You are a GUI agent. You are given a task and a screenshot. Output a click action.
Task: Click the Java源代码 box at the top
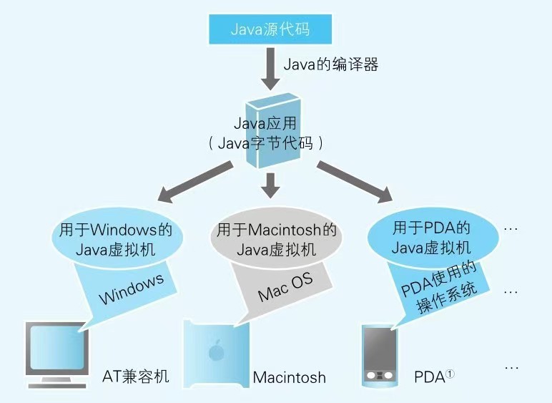(272, 29)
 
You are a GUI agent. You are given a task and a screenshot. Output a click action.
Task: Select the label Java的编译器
(330, 64)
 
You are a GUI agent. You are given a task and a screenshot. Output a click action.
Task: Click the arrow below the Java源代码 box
(272, 67)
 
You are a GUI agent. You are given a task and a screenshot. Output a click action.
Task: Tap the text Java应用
(262, 122)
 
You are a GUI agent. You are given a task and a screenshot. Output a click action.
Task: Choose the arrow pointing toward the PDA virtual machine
(355, 182)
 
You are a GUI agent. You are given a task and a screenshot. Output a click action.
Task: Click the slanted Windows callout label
(132, 290)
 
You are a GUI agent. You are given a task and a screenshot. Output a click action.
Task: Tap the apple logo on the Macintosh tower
(215, 351)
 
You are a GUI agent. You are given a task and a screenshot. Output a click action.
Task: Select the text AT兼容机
(136, 376)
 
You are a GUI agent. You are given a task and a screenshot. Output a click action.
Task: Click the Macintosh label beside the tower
(290, 377)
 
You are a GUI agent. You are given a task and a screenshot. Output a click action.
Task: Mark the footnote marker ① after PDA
(450, 373)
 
